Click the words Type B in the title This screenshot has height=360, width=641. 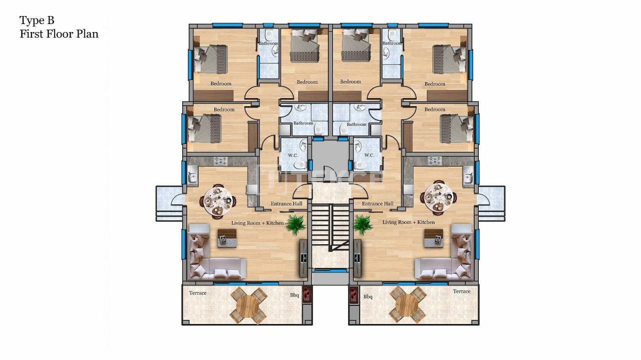point(37,21)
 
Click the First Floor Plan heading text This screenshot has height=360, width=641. point(59,34)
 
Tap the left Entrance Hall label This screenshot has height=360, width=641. point(286,204)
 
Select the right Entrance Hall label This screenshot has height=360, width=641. point(377,204)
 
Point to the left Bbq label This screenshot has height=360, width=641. point(294,295)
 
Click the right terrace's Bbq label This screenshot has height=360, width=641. point(368,297)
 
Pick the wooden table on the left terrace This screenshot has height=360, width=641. point(248,304)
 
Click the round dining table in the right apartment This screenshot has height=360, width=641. point(439,198)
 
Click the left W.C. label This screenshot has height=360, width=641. point(293,155)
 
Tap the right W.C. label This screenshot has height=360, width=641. point(369,155)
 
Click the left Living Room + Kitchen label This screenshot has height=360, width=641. point(257,223)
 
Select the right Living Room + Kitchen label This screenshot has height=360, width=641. point(409,222)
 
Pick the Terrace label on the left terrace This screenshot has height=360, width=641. point(197,293)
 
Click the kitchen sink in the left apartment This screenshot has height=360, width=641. point(192,177)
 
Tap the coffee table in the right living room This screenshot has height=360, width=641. point(434,238)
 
